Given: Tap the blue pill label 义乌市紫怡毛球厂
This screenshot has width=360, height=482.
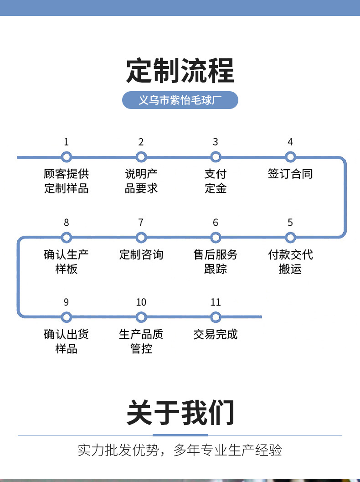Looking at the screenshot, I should click(180, 100).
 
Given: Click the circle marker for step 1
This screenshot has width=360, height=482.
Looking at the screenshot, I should click(67, 157).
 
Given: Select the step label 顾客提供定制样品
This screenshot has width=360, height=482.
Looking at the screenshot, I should click(67, 181).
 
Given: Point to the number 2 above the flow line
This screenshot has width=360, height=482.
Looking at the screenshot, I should click(141, 142).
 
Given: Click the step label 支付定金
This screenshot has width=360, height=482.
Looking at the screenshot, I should click(216, 181).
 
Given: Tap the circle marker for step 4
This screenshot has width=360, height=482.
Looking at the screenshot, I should click(290, 157).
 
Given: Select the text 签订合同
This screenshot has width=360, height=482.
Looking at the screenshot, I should click(290, 174).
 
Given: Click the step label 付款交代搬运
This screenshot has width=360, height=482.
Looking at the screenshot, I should click(290, 262).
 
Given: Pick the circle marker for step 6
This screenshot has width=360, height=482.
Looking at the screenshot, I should click(216, 238).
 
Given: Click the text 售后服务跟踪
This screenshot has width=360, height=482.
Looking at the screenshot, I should click(216, 262).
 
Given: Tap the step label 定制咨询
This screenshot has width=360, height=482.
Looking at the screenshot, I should click(141, 254).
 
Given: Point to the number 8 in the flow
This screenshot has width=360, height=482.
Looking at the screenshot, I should click(67, 223).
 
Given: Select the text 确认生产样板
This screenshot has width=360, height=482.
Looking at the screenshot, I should click(67, 262).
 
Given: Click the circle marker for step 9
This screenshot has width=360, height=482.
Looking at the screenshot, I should click(67, 317).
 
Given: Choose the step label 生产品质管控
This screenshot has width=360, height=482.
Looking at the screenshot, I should click(141, 342).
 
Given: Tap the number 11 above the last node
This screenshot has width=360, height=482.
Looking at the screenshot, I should click(216, 302).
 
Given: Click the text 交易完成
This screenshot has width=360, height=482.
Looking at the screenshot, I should click(216, 334).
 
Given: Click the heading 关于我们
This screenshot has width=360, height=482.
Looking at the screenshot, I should click(180, 413).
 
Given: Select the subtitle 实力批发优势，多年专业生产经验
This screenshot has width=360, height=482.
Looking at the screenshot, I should click(180, 451).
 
